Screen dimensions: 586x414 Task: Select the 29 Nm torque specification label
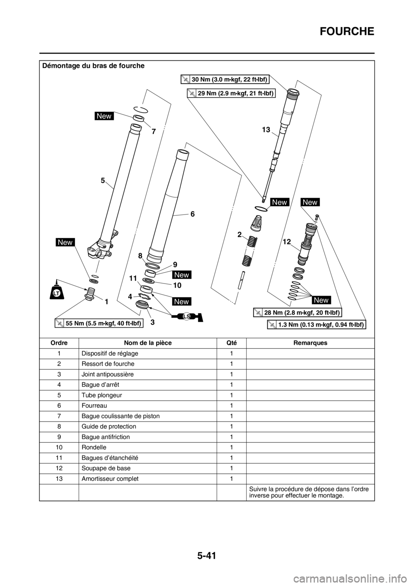(232, 93)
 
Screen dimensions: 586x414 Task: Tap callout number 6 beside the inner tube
(192, 214)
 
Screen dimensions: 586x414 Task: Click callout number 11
(133, 280)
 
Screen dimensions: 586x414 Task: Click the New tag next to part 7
(104, 116)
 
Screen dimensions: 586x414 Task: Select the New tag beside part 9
(182, 275)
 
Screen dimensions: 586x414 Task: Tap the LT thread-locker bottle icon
(56, 293)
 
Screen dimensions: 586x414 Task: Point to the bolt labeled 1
(91, 297)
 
